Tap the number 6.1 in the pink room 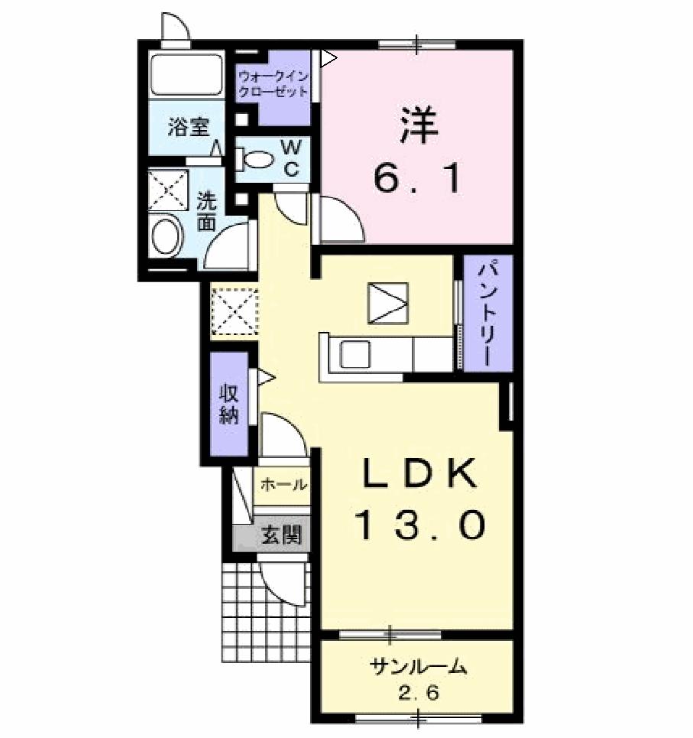[418, 180]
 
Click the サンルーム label [418, 667]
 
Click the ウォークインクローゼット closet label [273, 84]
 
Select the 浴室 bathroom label [188, 127]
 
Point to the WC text [291, 158]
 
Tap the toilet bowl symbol [258, 159]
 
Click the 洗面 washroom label [207, 212]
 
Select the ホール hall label [283, 485]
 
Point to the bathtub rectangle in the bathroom [186, 74]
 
